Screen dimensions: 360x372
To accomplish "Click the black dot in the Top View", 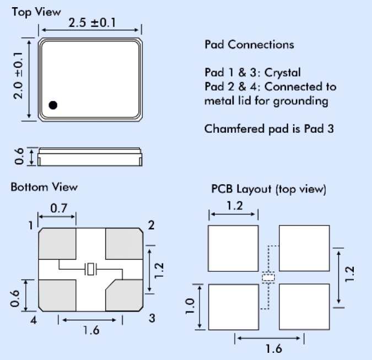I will tap(53, 105).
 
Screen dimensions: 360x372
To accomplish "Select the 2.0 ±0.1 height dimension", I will tap(18, 76).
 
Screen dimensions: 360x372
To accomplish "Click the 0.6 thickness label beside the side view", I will tap(18, 156).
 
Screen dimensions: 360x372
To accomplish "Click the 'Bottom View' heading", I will tap(44, 187).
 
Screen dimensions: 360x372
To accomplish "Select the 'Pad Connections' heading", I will tap(249, 44).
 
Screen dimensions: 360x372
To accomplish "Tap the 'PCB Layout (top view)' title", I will tap(269, 189).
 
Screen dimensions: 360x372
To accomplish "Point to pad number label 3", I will tap(152, 318).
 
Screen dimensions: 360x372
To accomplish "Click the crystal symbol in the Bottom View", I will tap(91, 270).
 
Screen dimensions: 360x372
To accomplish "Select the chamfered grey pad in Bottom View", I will tap(125, 293).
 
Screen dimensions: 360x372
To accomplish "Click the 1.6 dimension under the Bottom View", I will tap(91, 330).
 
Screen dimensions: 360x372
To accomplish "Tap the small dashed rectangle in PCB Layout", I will tap(268, 277).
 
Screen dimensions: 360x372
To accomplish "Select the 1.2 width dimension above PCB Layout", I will tap(233, 206).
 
